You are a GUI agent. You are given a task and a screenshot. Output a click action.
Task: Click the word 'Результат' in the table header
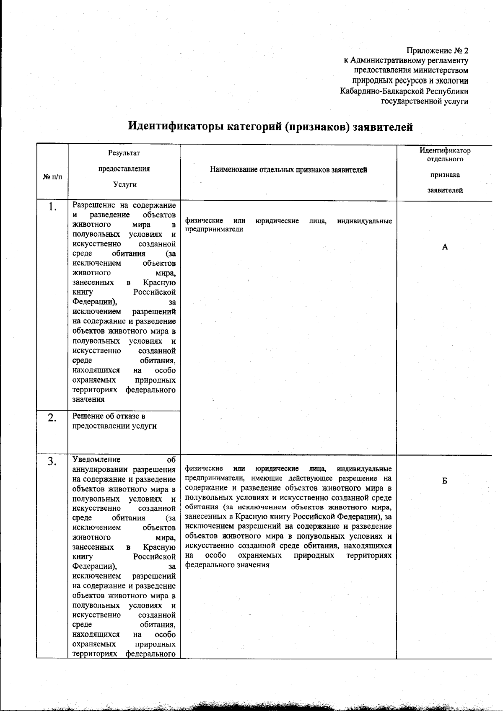coord(124,153)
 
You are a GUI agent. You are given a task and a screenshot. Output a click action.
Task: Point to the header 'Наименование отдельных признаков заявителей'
coord(288,170)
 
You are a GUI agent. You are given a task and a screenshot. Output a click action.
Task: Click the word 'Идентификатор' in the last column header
coord(445,150)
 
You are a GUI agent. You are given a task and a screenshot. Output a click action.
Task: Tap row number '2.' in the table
coord(52,418)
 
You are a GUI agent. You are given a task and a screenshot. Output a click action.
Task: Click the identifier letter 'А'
coord(445,247)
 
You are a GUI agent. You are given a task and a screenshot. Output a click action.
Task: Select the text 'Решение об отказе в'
coord(109,416)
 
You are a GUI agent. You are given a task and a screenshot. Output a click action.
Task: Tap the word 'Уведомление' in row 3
coord(96,460)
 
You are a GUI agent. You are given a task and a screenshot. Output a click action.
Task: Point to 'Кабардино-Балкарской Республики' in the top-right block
coord(404,91)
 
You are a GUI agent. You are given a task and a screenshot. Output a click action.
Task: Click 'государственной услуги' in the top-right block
coord(424,101)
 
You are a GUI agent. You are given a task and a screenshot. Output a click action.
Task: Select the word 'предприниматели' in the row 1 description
coord(214,230)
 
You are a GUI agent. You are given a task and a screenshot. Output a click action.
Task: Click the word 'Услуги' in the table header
coord(124,184)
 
